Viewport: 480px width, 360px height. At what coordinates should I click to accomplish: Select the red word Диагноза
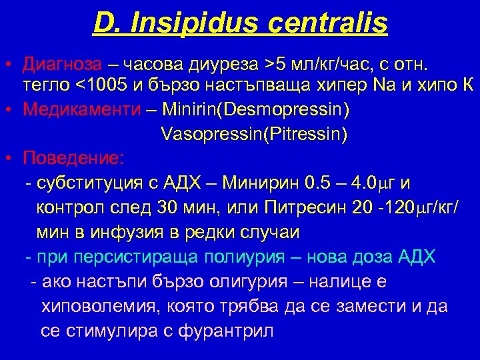(x=62, y=64)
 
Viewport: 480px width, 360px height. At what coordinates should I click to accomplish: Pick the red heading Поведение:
(x=73, y=159)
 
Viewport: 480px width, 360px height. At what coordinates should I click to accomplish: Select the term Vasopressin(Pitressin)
(x=254, y=134)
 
